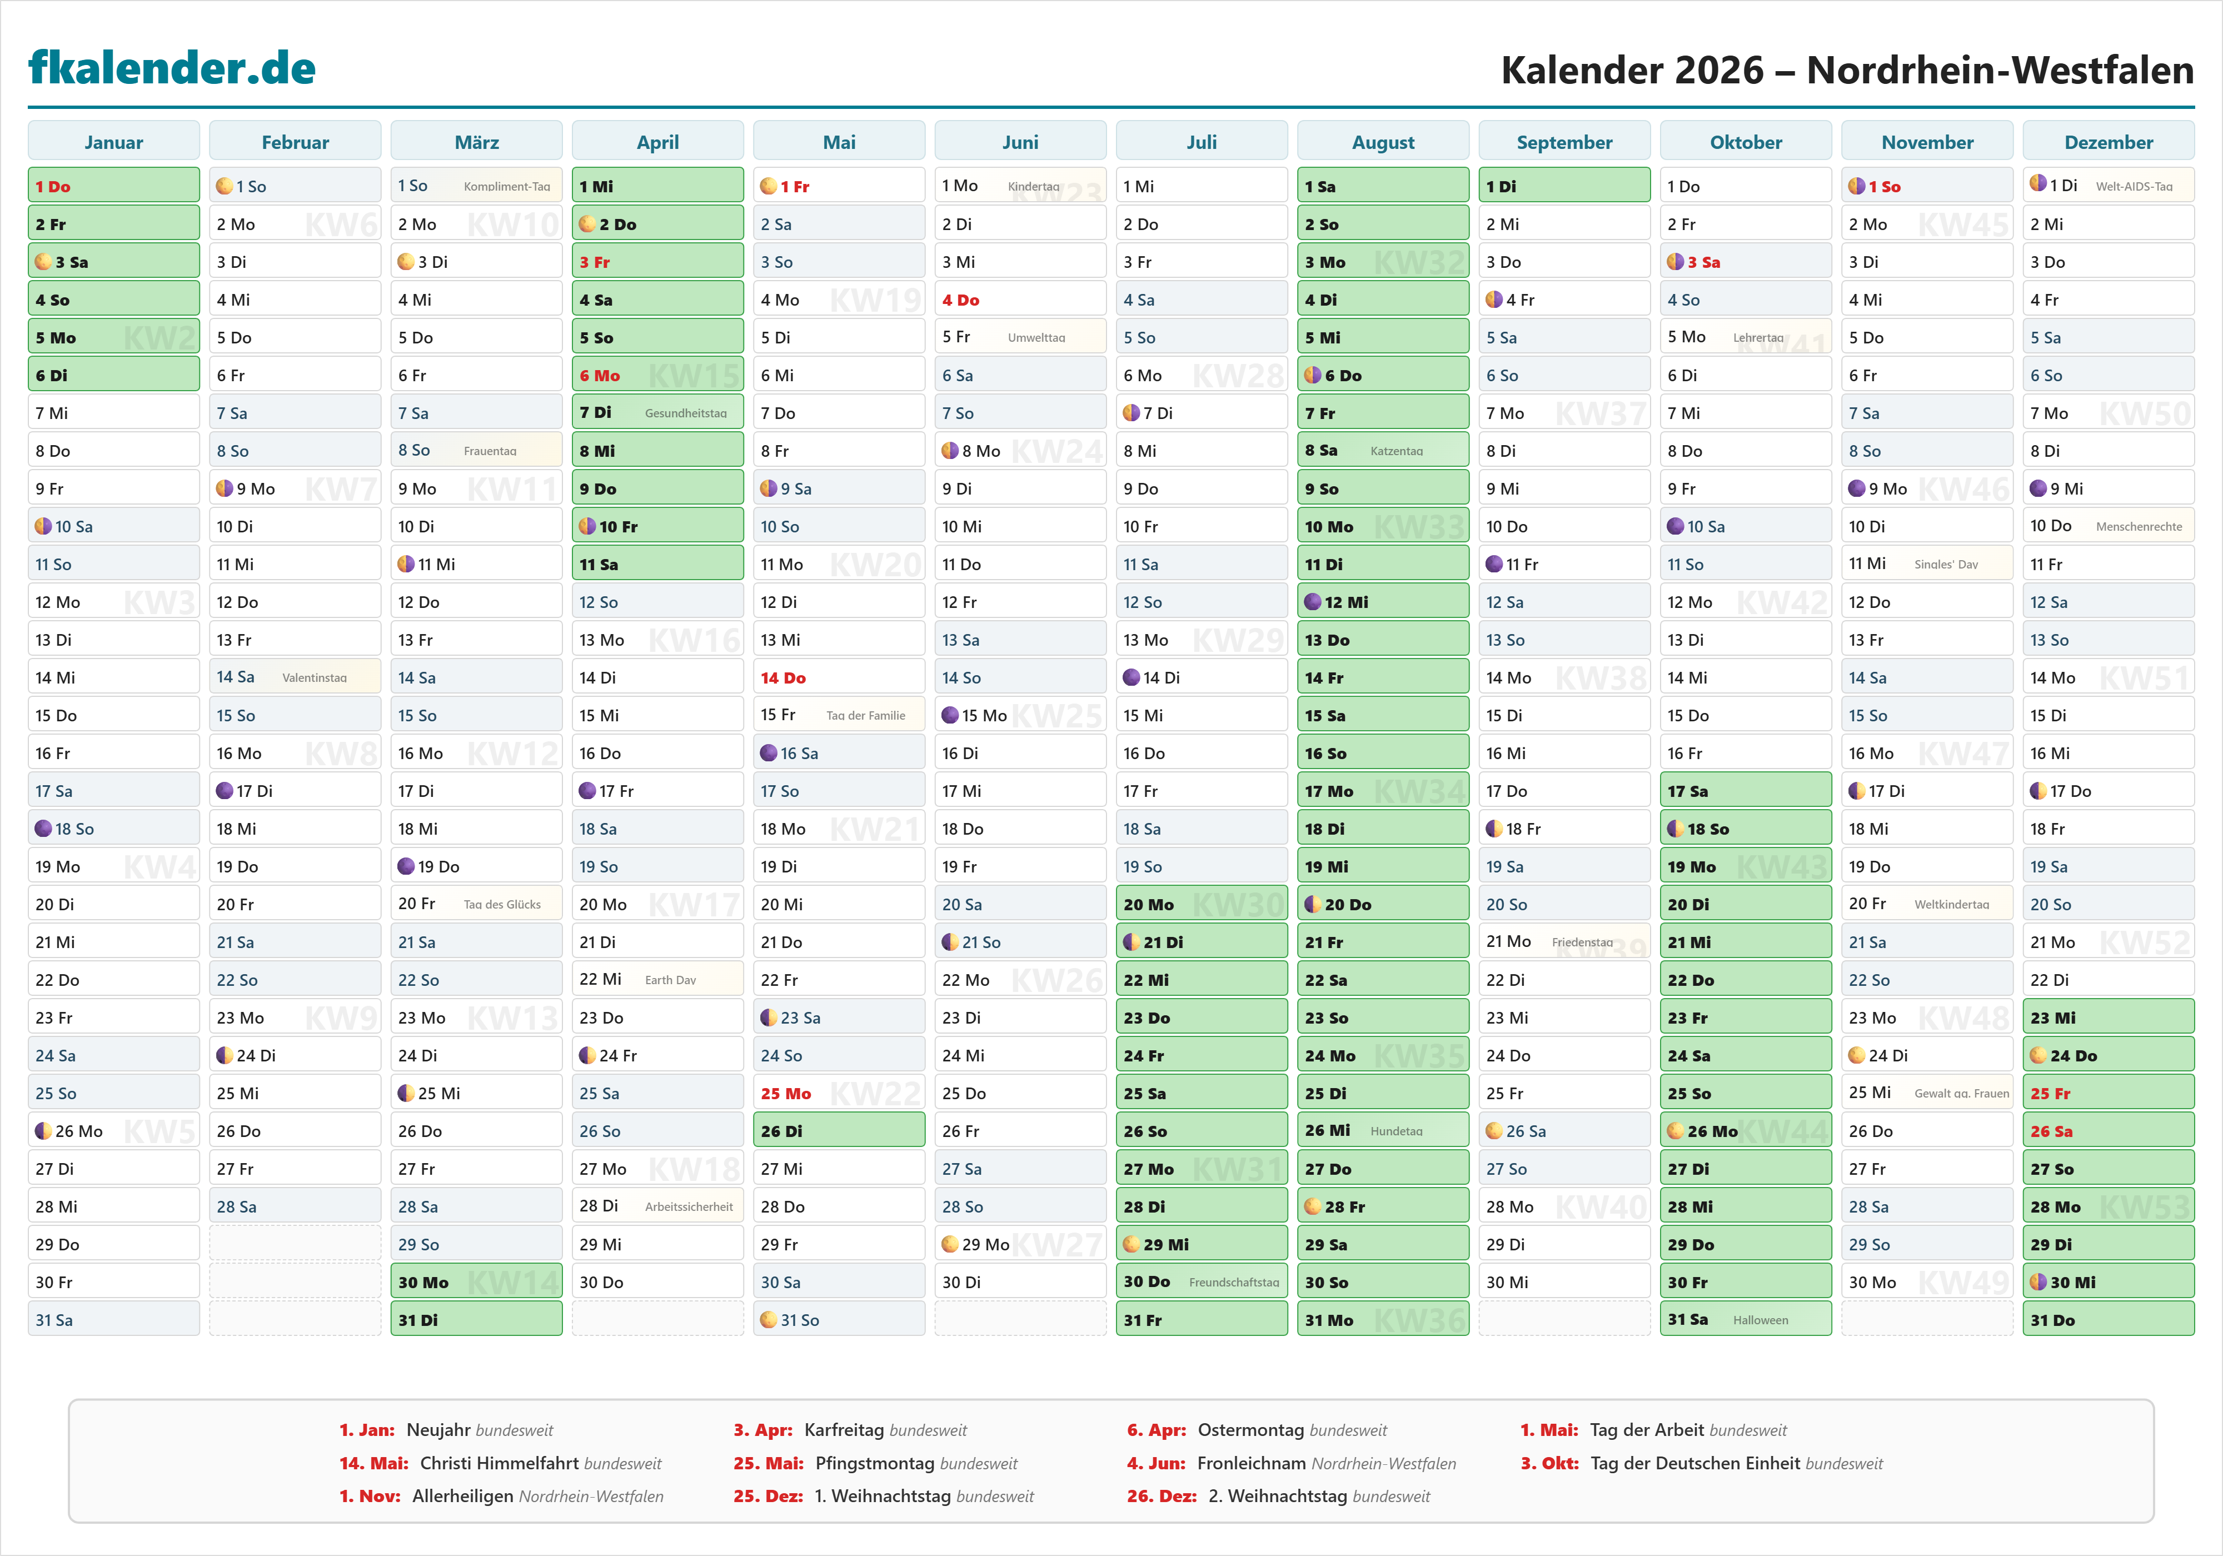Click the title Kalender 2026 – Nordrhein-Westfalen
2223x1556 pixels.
tap(1846, 69)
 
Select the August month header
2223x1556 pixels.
tap(1383, 142)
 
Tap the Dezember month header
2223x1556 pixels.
tap(2108, 142)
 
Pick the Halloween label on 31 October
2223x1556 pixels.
tap(1760, 1320)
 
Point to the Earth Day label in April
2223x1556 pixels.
tap(670, 980)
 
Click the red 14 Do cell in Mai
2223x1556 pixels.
tap(839, 678)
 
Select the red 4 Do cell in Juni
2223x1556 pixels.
tap(1019, 300)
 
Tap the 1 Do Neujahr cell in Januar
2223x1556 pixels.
tap(113, 186)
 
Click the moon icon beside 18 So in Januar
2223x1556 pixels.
tap(43, 829)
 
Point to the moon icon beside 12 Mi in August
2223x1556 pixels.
tap(1312, 602)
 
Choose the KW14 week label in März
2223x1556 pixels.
tap(512, 1282)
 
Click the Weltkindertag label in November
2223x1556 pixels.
tap(1951, 904)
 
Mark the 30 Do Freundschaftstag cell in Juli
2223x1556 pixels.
tap(1200, 1282)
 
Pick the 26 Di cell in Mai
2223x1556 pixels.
tap(839, 1131)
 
